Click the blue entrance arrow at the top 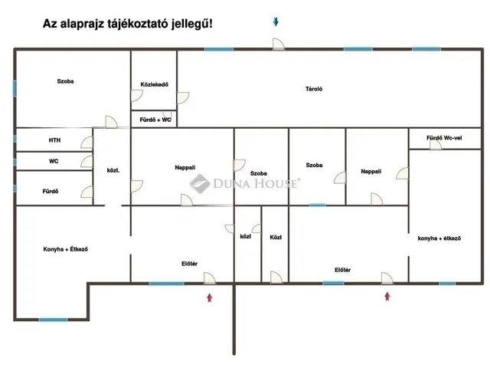276,21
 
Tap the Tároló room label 314,89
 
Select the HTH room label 54,140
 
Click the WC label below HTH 54,162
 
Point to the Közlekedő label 155,84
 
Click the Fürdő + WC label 155,120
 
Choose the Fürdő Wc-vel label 444,138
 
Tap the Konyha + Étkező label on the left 66,249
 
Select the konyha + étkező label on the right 439,238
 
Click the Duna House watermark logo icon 200,183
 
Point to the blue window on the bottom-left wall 53,320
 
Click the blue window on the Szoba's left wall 15,88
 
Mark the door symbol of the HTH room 87,143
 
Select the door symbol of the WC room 87,162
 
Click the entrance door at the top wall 278,44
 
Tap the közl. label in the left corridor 113,170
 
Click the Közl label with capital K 276,238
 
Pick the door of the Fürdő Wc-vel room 436,145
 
